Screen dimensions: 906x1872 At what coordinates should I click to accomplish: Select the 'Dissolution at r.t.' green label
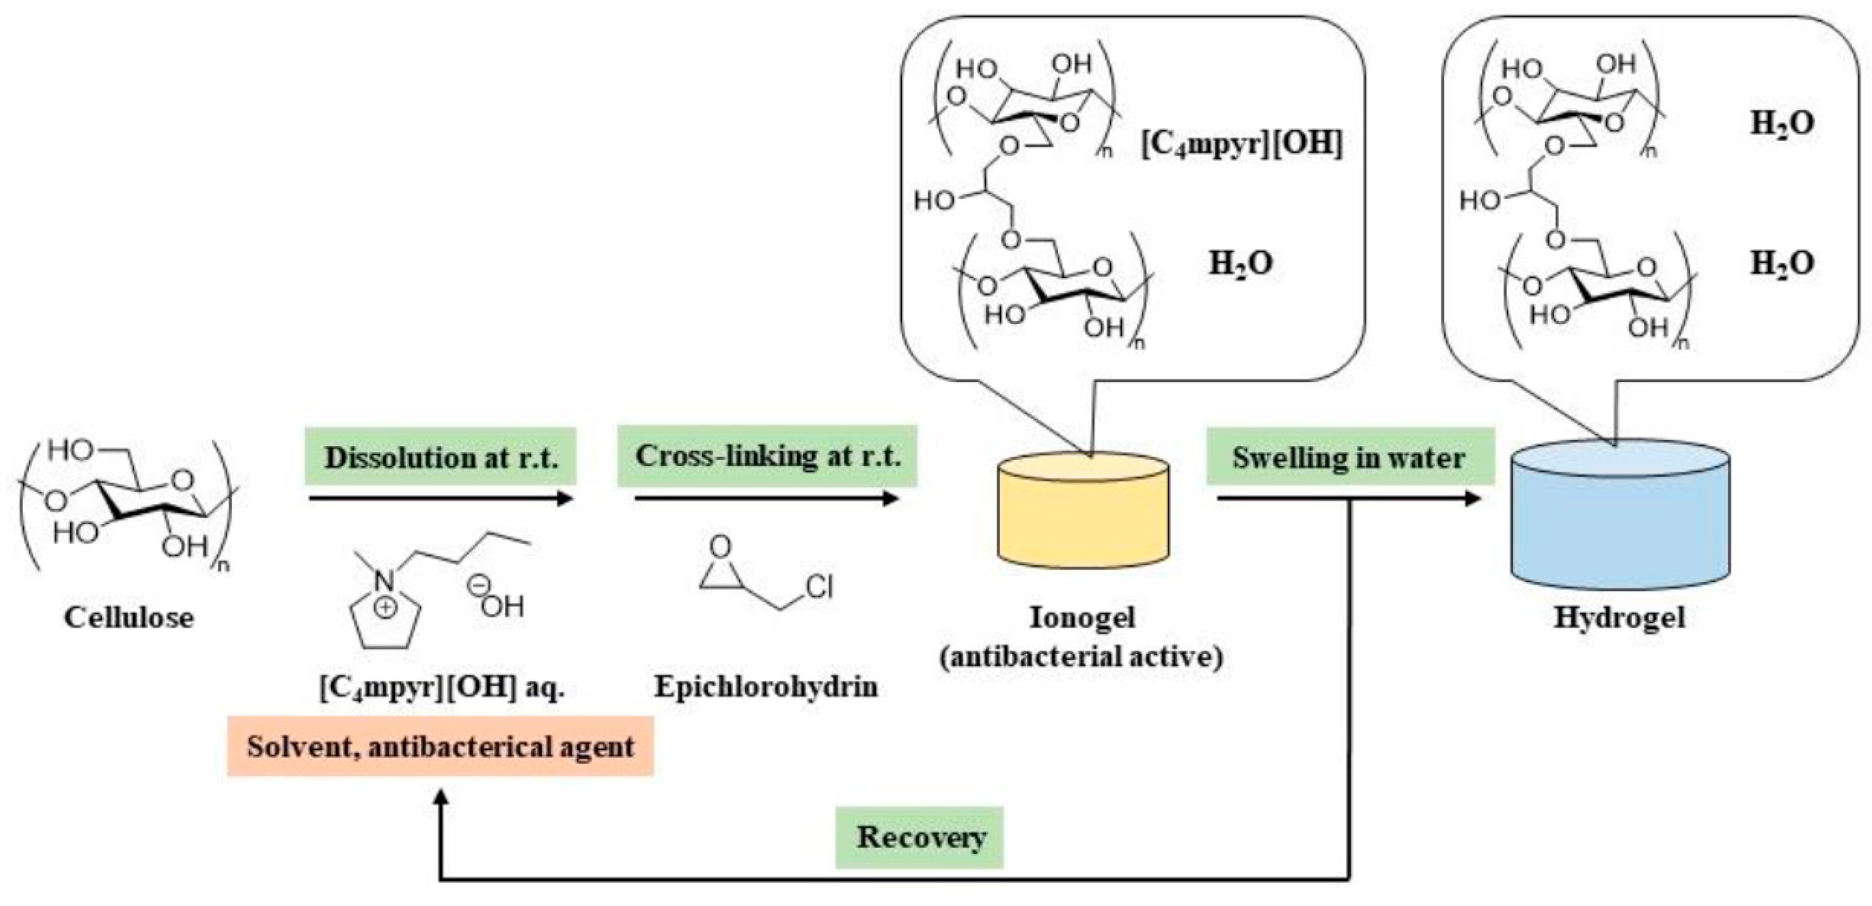[441, 457]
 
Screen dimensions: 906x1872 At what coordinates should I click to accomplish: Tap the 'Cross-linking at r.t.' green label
[767, 456]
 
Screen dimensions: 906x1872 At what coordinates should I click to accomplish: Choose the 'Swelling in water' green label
[1349, 457]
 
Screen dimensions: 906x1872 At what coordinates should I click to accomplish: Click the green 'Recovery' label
[920, 837]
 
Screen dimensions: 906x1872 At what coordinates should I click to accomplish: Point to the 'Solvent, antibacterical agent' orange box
[441, 747]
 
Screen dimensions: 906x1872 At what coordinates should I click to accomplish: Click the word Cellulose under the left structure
[129, 617]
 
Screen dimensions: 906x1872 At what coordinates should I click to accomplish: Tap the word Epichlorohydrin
[766, 686]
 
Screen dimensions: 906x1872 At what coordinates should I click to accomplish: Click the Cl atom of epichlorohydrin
[819, 587]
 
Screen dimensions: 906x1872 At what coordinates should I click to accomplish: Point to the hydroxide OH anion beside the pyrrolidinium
[502, 605]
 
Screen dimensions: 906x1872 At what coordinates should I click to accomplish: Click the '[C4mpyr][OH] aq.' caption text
[442, 687]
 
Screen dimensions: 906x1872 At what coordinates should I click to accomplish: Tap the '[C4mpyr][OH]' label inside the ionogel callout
[1240, 144]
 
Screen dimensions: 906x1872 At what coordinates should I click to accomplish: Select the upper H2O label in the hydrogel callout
[1781, 122]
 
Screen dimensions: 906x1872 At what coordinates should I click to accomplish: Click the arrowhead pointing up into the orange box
[441, 798]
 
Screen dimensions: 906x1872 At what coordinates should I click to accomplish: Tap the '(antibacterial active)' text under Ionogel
[1081, 656]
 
